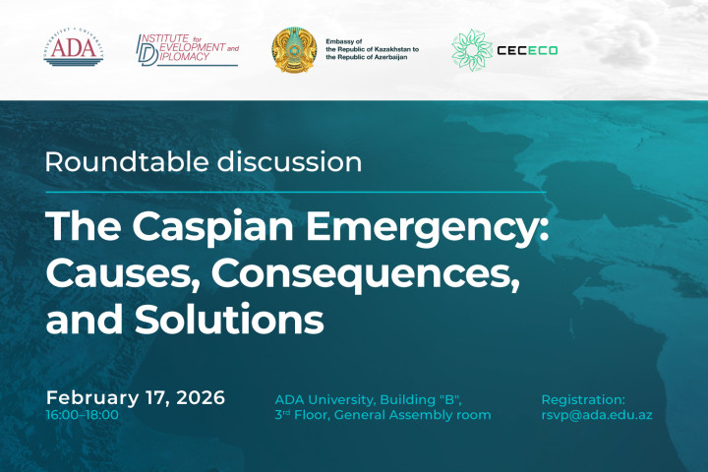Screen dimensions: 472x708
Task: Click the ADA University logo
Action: click(x=71, y=49)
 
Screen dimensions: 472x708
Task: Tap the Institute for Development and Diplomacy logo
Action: click(x=187, y=49)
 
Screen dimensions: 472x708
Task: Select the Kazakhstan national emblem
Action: click(x=293, y=49)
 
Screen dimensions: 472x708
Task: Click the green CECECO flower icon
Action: click(x=471, y=49)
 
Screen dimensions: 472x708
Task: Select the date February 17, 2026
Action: click(x=136, y=398)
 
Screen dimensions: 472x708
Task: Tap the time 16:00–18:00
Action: click(x=82, y=415)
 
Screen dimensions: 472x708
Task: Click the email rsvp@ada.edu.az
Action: click(x=597, y=415)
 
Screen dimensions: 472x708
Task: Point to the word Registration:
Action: click(x=583, y=399)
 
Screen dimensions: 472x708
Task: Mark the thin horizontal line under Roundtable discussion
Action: click(x=295, y=192)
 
